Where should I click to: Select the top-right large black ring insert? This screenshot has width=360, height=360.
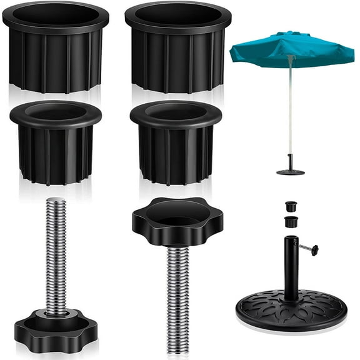(177, 56)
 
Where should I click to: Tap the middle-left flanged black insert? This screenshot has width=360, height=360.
(56, 147)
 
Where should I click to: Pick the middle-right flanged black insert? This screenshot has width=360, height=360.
(176, 147)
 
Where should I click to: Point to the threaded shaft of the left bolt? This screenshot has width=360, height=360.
(56, 250)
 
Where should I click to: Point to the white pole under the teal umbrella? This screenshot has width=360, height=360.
(290, 112)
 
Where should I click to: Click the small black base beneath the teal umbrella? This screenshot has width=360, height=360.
(291, 171)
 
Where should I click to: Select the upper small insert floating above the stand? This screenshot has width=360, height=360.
(290, 206)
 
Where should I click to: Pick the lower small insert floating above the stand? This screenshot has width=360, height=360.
(290, 221)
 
